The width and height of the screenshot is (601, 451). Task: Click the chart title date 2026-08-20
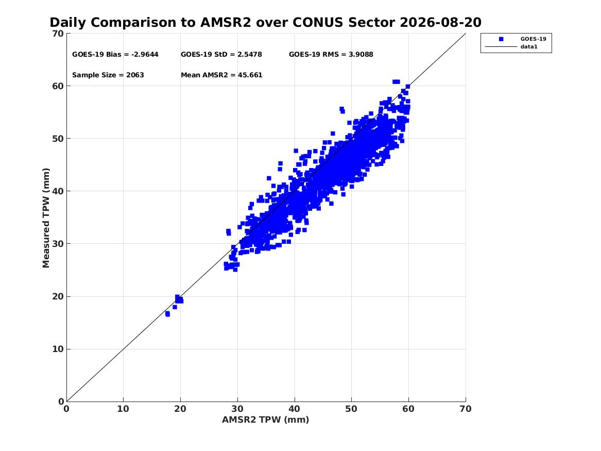coord(440,23)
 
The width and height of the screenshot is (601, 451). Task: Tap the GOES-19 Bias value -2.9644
coord(145,55)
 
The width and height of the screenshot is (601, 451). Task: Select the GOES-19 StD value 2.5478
coord(250,55)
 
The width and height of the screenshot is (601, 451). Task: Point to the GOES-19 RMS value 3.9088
coord(360,55)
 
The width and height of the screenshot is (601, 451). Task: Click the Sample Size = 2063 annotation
coord(108,75)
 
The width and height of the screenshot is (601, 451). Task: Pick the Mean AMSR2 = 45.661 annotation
coord(221,75)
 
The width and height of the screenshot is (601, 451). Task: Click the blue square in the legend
coord(501,39)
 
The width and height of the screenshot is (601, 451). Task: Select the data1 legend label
coord(529,47)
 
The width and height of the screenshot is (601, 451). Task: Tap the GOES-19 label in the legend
coord(533,39)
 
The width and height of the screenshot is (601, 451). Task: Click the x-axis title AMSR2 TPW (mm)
coord(266,420)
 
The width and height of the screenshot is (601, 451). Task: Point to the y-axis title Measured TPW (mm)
coord(46,218)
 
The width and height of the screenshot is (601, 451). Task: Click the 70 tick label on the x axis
coord(466,409)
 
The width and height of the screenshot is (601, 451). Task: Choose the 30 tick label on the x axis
coord(237,409)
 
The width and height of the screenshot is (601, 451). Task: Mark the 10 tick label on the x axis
coord(124,409)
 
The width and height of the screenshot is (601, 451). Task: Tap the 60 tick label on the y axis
coord(58,86)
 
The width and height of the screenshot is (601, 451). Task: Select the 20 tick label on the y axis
coord(58,296)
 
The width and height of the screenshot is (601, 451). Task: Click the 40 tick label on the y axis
coord(58,191)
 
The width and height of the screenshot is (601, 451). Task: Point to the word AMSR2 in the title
coord(226,23)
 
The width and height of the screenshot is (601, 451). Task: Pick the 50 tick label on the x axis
coord(351,409)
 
